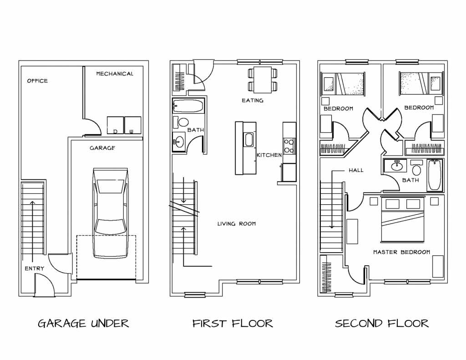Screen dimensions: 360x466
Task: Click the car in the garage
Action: (x=109, y=213)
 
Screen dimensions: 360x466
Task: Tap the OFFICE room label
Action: (x=37, y=81)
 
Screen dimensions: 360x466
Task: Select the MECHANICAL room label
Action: (x=115, y=74)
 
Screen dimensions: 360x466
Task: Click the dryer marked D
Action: (x=115, y=125)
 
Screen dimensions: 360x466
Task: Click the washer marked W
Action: (x=132, y=125)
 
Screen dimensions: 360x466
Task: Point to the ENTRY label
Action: (x=35, y=269)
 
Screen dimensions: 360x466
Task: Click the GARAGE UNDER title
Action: (x=83, y=324)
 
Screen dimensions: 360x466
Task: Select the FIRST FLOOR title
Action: (x=233, y=324)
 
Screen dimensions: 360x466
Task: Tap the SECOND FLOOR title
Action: (x=382, y=324)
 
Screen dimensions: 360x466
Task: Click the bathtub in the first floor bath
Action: (x=188, y=106)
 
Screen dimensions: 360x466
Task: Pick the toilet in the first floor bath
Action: (x=182, y=122)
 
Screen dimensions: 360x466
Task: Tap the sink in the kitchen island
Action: (x=249, y=140)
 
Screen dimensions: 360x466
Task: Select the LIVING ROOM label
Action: (x=236, y=223)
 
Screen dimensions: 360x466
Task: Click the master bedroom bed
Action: (x=404, y=219)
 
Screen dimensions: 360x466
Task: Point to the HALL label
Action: (x=356, y=170)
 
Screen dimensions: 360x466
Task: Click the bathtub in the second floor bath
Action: (x=434, y=175)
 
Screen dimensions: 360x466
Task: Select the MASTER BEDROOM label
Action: (x=401, y=252)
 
